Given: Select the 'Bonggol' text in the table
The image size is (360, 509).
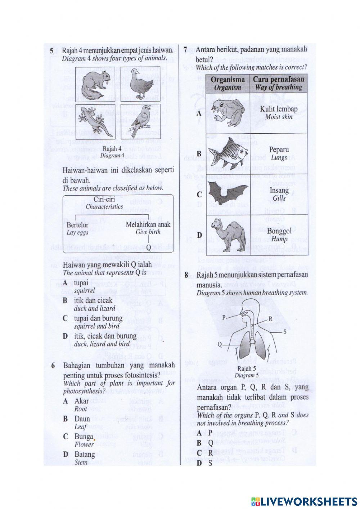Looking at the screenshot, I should click(279, 231).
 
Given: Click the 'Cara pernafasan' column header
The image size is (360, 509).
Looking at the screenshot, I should click(279, 79).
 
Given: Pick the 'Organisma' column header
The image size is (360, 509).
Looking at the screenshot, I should click(228, 79).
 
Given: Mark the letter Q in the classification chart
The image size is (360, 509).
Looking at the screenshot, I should click(148, 247).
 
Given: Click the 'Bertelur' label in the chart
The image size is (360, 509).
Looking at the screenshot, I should click(77, 225).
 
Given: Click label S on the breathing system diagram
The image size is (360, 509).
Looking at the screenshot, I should click(285, 331).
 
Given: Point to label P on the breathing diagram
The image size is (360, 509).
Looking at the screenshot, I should click(224, 317).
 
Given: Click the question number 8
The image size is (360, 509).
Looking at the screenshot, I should click(186, 275).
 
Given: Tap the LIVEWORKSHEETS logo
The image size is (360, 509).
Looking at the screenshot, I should click(304, 501).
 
